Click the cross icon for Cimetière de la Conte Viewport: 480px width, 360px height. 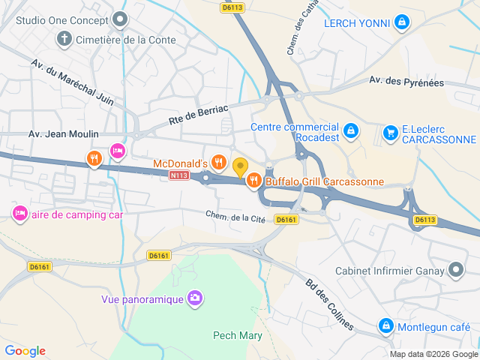pos(64,39)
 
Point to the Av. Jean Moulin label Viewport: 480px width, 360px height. pos(63,134)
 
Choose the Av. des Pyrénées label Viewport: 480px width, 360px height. pos(406,82)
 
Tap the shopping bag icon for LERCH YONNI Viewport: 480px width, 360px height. pos(402,23)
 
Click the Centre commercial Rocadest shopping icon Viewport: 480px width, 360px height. pos(350,133)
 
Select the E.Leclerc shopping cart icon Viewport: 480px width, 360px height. pos(390,133)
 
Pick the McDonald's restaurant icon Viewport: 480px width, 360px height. pos(218,162)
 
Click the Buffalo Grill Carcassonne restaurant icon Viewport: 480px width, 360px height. pos(254,180)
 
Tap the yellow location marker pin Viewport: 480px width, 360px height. pos(240,166)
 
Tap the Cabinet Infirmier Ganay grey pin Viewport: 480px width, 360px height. pos(456,270)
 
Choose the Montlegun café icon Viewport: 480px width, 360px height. pos(385,326)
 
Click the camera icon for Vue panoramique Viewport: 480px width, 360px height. pos(195,299)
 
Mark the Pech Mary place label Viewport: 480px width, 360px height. pos(238,335)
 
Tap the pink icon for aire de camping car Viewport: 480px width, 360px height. pos(19,214)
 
